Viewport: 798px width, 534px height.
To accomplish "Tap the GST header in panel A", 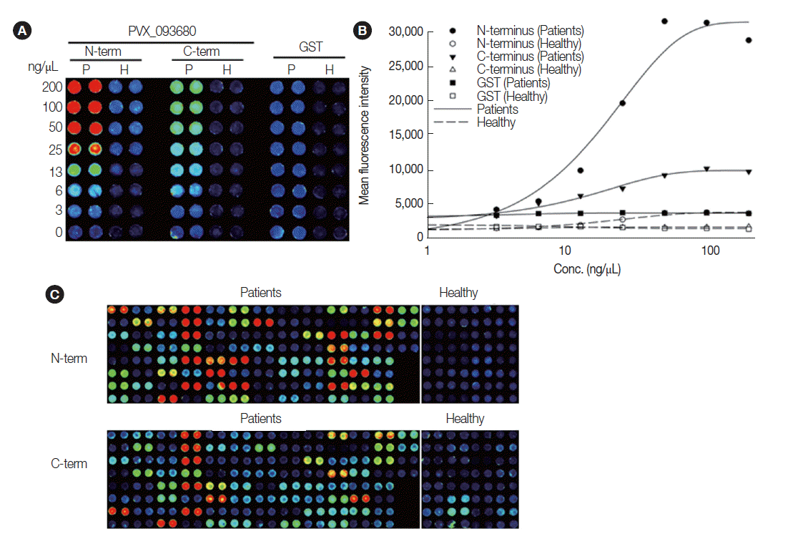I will pos(310,48).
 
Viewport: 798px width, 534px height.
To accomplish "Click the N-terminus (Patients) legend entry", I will pos(530,31).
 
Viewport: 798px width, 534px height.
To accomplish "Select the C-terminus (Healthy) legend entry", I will pos(528,70).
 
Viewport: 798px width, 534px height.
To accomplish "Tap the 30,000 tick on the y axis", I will pos(406,31).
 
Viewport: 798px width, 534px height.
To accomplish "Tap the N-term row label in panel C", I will pos(69,358).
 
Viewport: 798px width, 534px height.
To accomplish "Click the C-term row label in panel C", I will pos(69,463).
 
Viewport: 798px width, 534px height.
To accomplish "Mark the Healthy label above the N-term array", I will pos(458,293).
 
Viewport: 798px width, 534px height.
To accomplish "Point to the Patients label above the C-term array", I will pos(260,419).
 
